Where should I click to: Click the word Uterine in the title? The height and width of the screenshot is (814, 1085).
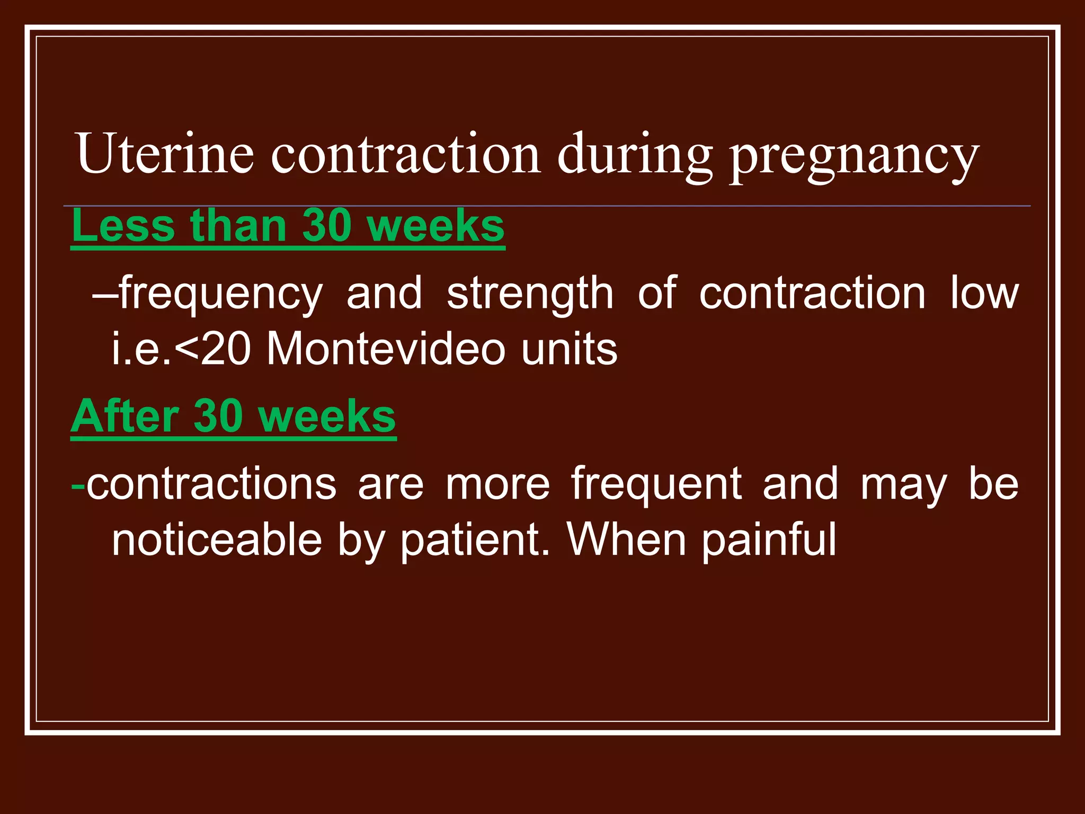pos(165,154)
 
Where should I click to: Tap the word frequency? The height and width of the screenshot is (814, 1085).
pos(220,295)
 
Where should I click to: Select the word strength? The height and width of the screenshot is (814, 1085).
pos(530,295)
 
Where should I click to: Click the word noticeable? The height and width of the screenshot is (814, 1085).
pos(217,541)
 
